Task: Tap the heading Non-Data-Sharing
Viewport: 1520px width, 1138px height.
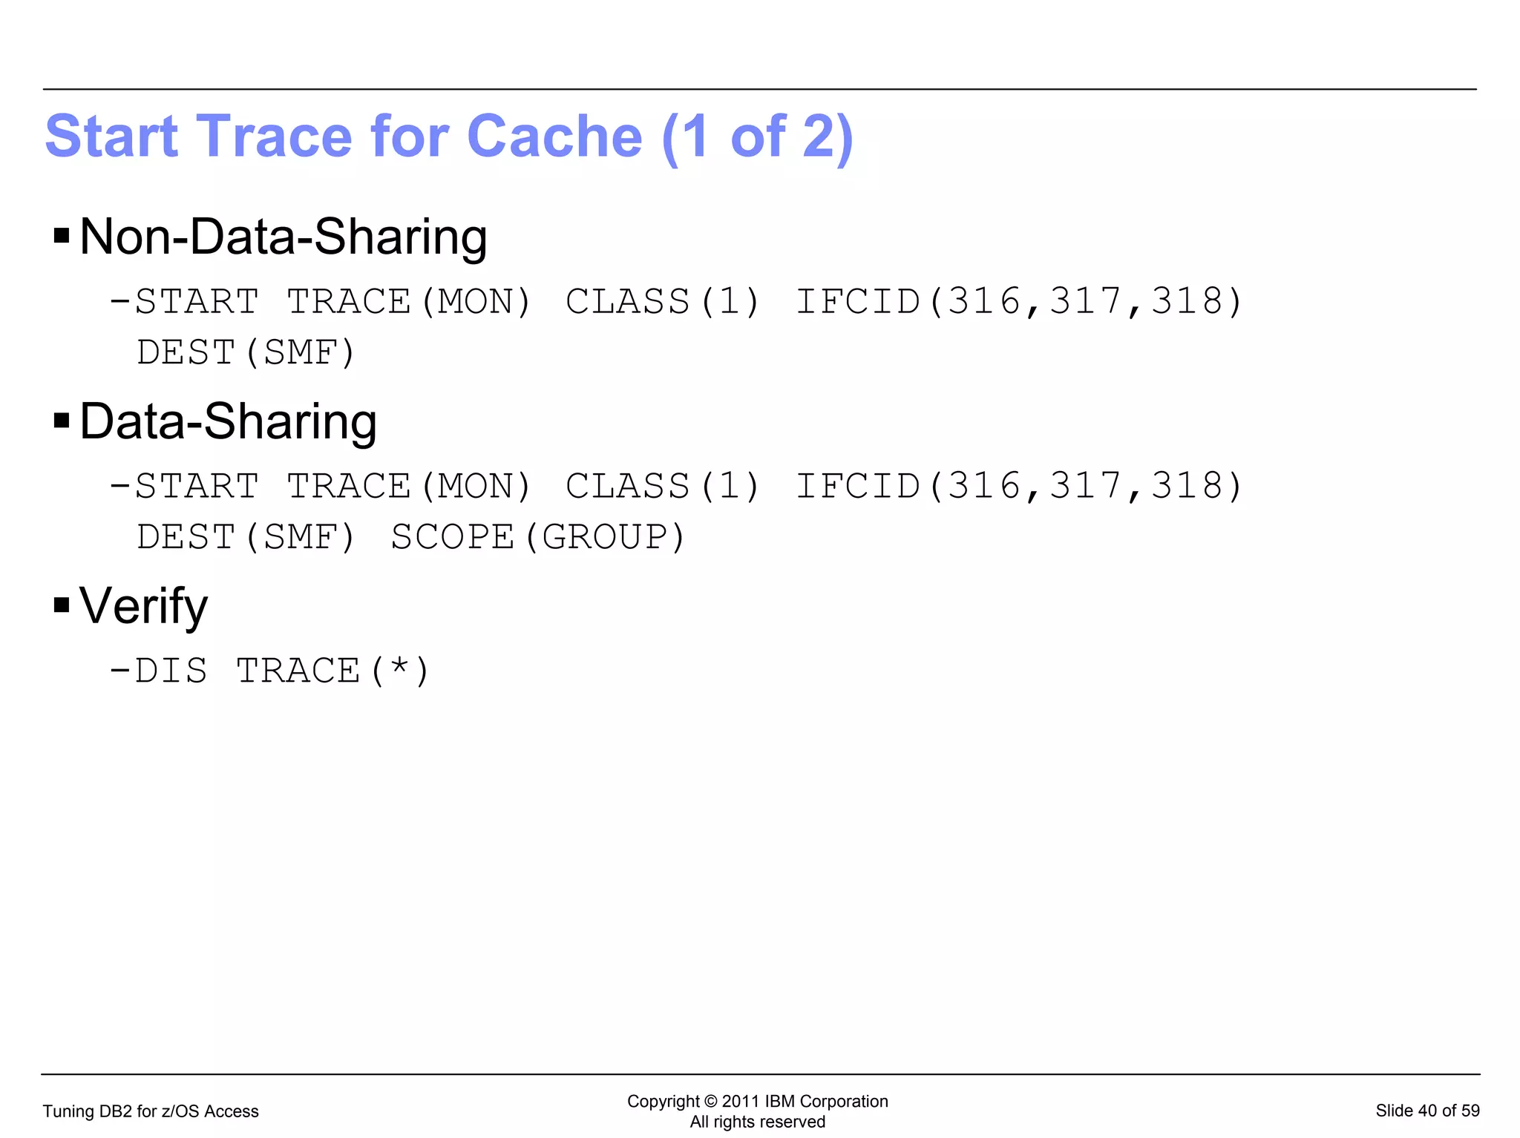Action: [283, 237]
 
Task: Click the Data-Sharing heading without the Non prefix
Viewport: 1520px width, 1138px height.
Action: [228, 421]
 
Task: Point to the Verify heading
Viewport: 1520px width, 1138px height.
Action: [143, 606]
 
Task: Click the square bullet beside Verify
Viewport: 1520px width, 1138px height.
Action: [62, 605]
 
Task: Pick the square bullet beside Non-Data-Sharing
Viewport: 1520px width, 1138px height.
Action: [62, 237]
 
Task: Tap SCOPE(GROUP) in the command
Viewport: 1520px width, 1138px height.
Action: [538, 537]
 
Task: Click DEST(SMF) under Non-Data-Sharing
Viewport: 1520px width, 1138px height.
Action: [246, 352]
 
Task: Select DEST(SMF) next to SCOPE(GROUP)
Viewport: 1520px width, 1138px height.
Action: [246, 537]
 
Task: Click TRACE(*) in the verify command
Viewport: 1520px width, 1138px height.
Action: [332, 671]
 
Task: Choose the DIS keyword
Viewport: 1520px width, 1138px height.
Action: [171, 671]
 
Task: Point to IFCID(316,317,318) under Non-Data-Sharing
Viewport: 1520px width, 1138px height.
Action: [1018, 302]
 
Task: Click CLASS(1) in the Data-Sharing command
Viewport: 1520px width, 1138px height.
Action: [663, 487]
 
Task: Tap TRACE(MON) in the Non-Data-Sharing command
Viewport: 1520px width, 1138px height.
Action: [409, 302]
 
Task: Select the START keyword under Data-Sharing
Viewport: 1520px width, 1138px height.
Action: [197, 487]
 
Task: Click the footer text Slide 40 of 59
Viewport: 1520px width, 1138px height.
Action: [1427, 1111]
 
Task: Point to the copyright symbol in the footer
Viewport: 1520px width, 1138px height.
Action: [710, 1102]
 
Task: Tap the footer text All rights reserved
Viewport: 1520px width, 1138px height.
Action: [757, 1122]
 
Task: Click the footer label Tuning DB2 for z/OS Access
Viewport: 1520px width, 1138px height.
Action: [151, 1111]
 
